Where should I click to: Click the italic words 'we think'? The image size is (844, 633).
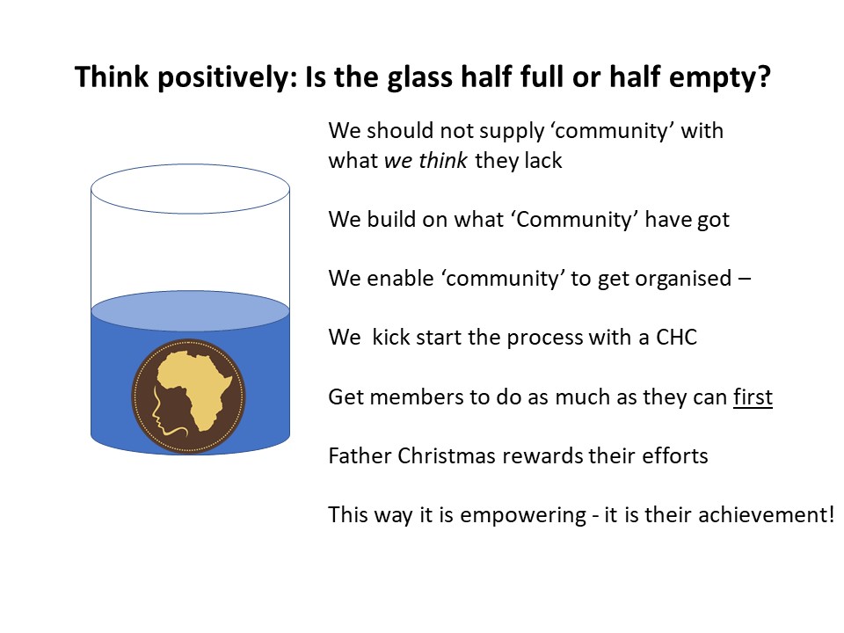[426, 160]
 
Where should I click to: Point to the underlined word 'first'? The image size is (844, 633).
[753, 397]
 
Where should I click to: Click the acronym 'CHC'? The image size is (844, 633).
[676, 338]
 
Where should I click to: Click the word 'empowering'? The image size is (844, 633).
[522, 515]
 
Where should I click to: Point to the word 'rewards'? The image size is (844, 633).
[542, 456]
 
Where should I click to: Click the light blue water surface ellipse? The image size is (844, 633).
[190, 310]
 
